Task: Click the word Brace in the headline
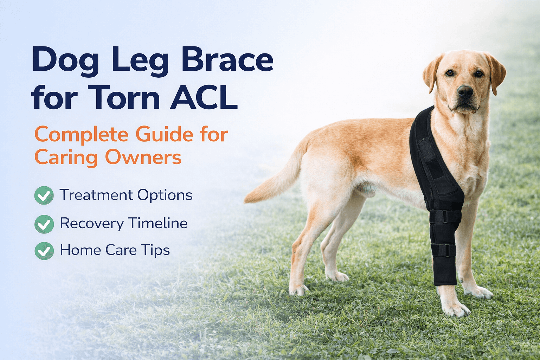(227, 61)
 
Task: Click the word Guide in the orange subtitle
(165, 135)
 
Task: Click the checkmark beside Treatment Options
(44, 195)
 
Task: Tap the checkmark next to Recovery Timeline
(44, 224)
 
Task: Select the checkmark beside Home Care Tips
(44, 251)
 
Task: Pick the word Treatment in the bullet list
(96, 195)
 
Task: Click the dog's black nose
(465, 92)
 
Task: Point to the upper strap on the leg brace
(445, 216)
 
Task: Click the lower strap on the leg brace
(443, 250)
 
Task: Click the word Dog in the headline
(65, 61)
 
